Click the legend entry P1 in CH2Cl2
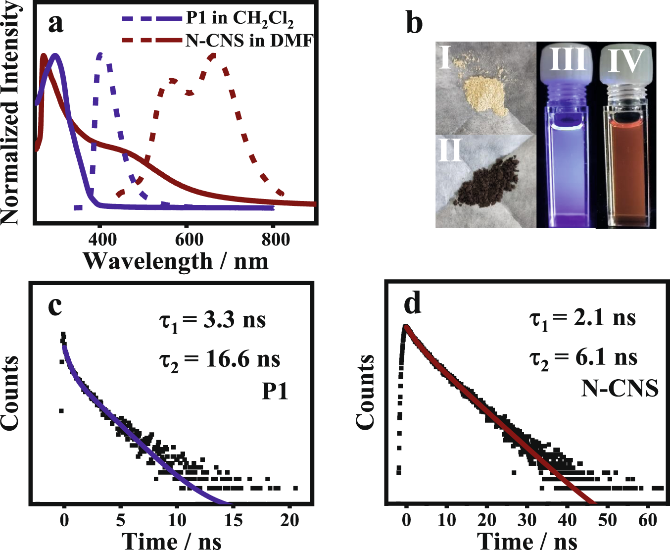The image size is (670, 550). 240,18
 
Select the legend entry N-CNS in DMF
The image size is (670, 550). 249,40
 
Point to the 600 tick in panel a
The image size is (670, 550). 189,240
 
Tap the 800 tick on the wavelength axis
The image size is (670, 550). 275,240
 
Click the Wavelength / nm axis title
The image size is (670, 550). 176,261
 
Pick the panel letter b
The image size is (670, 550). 414,23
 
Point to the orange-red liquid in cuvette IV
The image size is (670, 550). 625,168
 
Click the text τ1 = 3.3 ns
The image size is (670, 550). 212,320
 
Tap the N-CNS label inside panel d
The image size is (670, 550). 620,389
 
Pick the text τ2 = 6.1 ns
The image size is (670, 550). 583,358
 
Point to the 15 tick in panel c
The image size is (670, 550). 233,520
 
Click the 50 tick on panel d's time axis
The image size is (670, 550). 607,520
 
